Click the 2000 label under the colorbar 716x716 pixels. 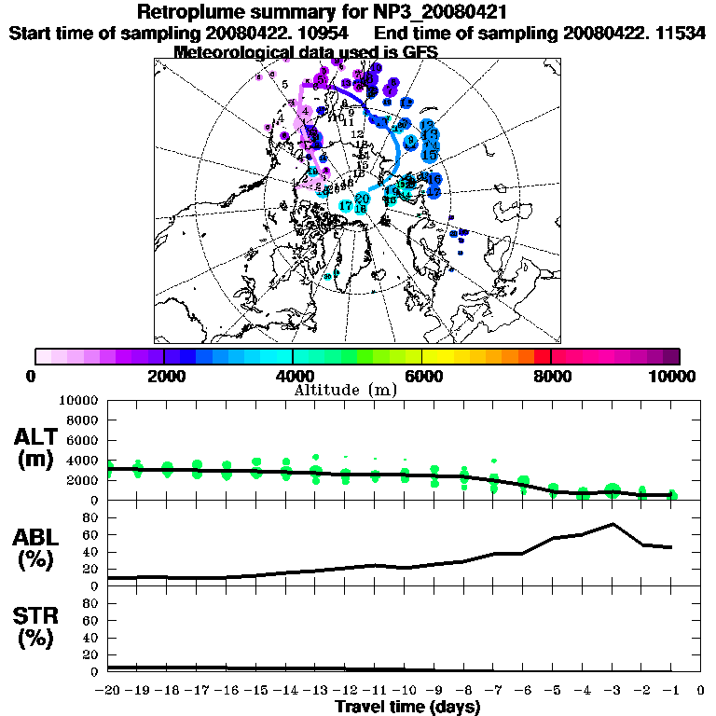point(163,376)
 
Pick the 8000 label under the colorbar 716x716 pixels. point(551,376)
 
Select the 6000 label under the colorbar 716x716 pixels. point(421,376)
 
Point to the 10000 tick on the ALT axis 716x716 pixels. point(80,400)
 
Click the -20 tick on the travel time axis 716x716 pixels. point(108,690)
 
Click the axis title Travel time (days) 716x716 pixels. point(407,707)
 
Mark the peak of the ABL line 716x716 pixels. point(612,524)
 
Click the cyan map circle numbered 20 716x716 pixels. point(363,199)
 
